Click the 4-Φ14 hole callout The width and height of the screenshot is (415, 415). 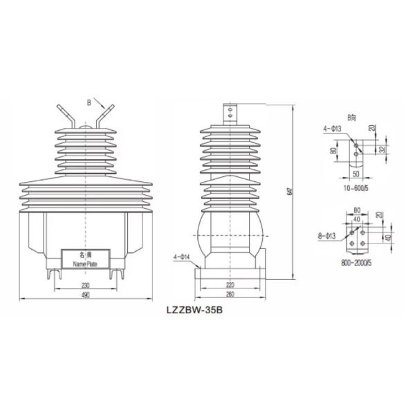point(178,257)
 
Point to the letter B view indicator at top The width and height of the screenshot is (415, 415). point(88,103)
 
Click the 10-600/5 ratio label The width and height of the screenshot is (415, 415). point(356,187)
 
